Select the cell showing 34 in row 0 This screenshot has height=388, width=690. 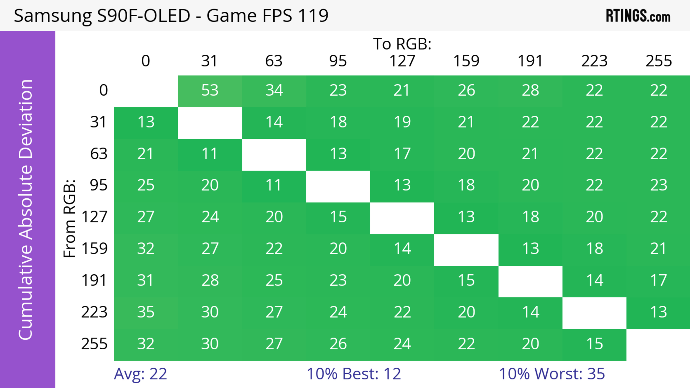click(274, 90)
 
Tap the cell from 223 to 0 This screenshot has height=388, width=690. click(146, 312)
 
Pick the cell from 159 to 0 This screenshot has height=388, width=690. click(146, 249)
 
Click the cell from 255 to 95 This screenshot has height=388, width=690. click(338, 344)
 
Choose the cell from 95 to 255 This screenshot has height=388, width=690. click(658, 185)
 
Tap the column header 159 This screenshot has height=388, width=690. click(466, 61)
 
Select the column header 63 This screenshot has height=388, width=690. click(274, 61)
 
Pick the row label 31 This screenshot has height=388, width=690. click(99, 122)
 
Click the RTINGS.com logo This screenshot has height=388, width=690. click(638, 16)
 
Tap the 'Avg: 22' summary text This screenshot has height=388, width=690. click(140, 374)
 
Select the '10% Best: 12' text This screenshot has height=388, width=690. click(354, 374)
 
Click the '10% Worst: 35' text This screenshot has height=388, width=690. click(552, 374)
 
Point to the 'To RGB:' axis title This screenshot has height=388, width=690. click(402, 44)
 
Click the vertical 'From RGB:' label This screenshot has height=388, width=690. click(70, 218)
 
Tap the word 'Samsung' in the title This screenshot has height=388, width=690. click(52, 16)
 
